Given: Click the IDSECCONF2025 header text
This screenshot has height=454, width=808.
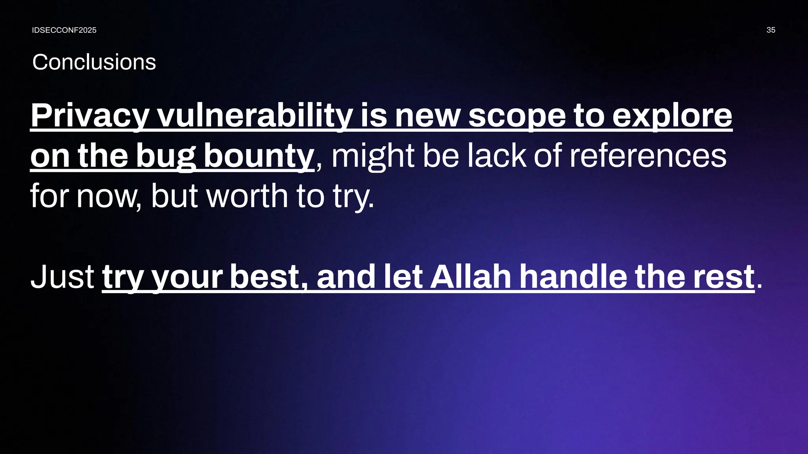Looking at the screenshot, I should pos(64,30).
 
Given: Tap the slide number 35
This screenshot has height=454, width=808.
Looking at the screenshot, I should pos(771,30).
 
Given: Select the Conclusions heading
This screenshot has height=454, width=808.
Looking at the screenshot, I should pos(94,62).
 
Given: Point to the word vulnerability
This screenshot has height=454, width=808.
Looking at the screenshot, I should pos(254,115).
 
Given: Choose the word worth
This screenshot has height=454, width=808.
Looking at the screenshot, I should pos(247,196).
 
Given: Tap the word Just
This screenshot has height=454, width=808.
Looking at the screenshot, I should pos(62,277).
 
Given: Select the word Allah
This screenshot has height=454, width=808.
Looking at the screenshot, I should pos(471,277).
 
